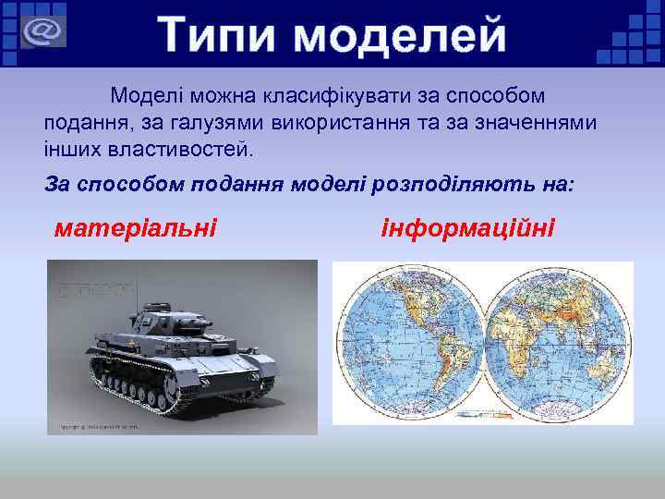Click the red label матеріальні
pyautogui.click(x=135, y=226)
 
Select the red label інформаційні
pyautogui.click(x=467, y=226)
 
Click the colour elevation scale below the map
pyautogui.click(x=483, y=418)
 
